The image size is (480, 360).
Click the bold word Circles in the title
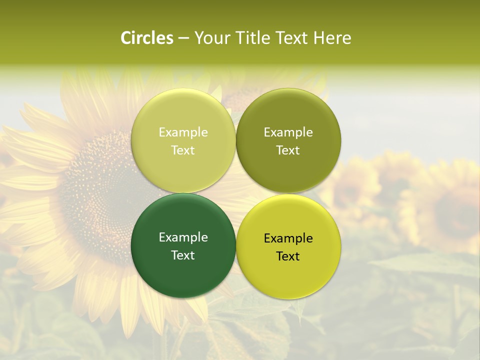(147, 38)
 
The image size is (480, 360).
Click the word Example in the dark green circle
(183, 237)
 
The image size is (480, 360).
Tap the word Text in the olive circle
(288, 150)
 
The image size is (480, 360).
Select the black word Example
(288, 238)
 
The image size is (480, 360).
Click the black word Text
(288, 256)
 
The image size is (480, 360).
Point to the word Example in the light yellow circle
(183, 132)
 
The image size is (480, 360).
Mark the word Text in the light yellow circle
(183, 150)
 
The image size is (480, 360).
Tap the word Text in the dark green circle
(183, 255)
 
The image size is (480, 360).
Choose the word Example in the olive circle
(288, 132)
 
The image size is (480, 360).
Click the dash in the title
(183, 38)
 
